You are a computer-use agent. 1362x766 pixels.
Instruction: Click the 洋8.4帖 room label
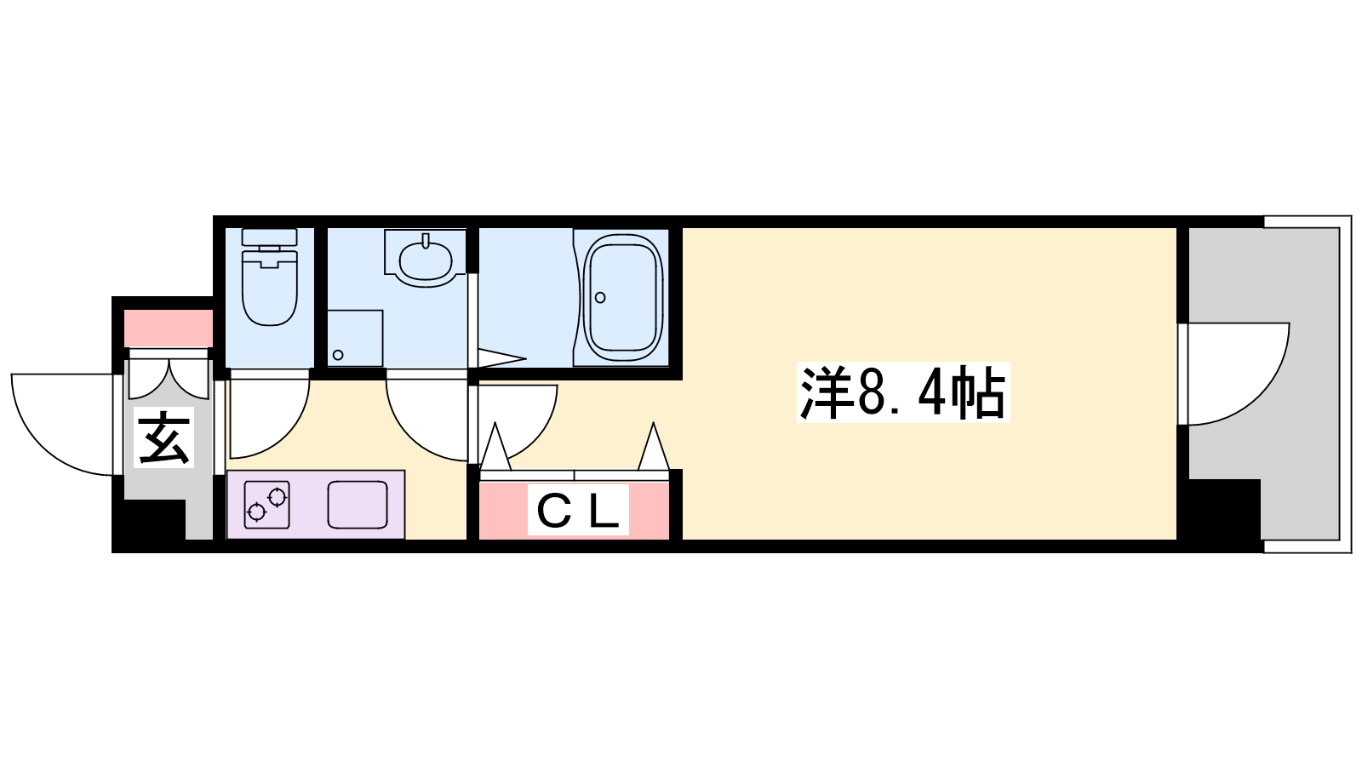(x=903, y=392)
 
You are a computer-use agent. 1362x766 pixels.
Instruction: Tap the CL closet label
(x=578, y=511)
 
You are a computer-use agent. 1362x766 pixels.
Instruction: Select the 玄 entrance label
(x=163, y=437)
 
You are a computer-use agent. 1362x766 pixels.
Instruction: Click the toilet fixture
(x=270, y=277)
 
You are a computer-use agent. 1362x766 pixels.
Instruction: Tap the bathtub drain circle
(x=600, y=297)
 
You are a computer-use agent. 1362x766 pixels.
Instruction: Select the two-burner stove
(x=267, y=505)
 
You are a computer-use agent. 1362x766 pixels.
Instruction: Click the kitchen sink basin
(x=358, y=505)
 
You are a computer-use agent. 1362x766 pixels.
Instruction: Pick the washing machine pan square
(x=355, y=338)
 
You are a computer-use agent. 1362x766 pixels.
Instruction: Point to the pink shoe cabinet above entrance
(x=169, y=328)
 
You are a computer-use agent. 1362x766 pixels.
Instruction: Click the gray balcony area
(x=1265, y=383)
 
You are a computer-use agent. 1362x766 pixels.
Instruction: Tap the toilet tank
(x=270, y=237)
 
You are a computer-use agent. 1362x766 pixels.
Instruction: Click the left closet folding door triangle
(x=496, y=446)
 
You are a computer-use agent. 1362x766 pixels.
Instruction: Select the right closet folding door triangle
(x=654, y=446)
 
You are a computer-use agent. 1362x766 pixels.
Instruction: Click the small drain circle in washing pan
(x=338, y=355)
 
